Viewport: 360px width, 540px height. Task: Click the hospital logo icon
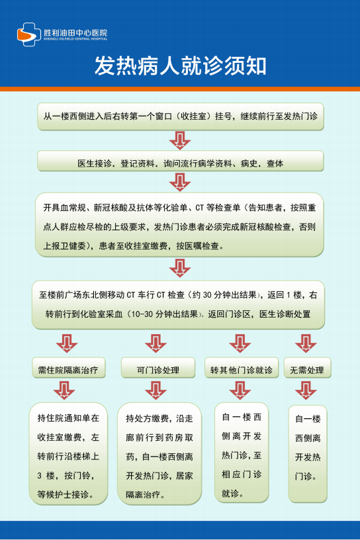(29, 34)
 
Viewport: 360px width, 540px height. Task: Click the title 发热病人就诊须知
(180, 66)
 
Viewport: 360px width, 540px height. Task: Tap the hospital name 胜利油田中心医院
(75, 32)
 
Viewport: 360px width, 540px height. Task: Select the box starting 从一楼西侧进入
(181, 116)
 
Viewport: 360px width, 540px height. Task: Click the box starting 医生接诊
(181, 161)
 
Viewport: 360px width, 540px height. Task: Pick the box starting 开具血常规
(179, 225)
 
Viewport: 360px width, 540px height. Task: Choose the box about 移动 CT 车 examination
(179, 304)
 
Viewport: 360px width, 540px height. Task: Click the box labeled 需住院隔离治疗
(69, 368)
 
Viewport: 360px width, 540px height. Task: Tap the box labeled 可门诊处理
(158, 368)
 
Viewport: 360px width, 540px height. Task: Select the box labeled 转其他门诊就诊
(242, 368)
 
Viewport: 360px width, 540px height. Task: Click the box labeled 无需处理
(307, 368)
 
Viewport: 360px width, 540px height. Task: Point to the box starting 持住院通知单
(68, 454)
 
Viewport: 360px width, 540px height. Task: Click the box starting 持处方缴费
(159, 454)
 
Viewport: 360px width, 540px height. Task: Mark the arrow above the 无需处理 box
(306, 343)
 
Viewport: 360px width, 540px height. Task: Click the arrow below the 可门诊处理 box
(156, 390)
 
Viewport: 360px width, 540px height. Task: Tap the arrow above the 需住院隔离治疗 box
(67, 343)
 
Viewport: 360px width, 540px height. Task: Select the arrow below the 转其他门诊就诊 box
(240, 390)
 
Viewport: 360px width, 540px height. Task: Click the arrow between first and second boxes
(180, 140)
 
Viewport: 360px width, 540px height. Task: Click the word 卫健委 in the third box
(73, 246)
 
